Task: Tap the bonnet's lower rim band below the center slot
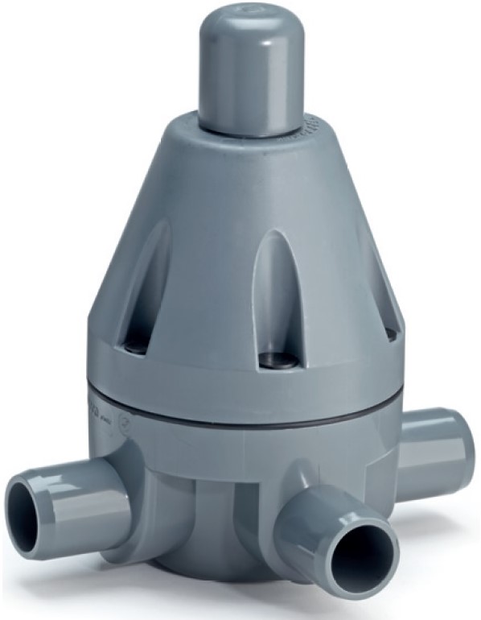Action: (x=265, y=382)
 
